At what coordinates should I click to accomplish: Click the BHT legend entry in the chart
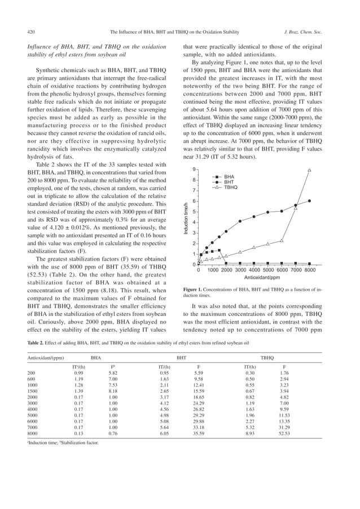[x=229, y=182]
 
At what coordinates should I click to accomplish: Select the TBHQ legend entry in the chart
[x=231, y=187]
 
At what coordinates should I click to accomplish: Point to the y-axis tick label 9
[x=194, y=169]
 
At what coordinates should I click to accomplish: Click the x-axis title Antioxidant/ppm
[x=262, y=278]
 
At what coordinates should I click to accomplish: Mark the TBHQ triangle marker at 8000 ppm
[x=309, y=170]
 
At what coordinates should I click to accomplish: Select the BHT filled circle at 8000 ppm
[x=309, y=200]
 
